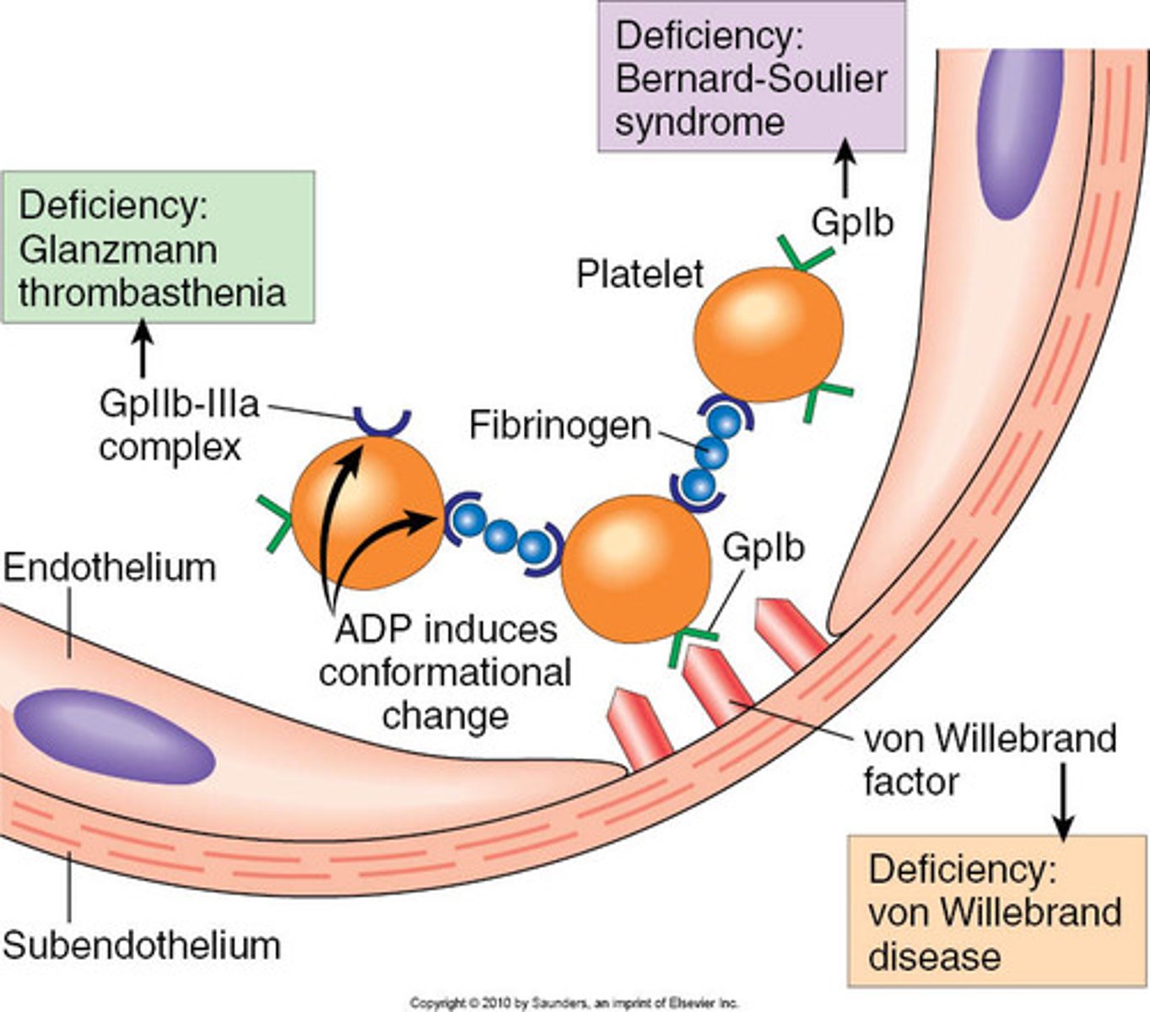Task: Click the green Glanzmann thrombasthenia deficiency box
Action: tap(158, 248)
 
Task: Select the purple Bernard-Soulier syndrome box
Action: tap(751, 78)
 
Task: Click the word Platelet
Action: tap(640, 274)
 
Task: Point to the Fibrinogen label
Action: tap(560, 425)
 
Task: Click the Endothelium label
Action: tap(110, 568)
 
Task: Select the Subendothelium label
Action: tap(141, 945)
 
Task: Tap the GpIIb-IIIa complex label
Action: tap(178, 424)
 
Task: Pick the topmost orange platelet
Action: tap(768, 334)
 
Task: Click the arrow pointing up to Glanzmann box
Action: tap(143, 349)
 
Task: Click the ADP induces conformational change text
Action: tap(445, 672)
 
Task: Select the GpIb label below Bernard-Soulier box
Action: tap(852, 223)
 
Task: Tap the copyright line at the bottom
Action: tap(574, 1003)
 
